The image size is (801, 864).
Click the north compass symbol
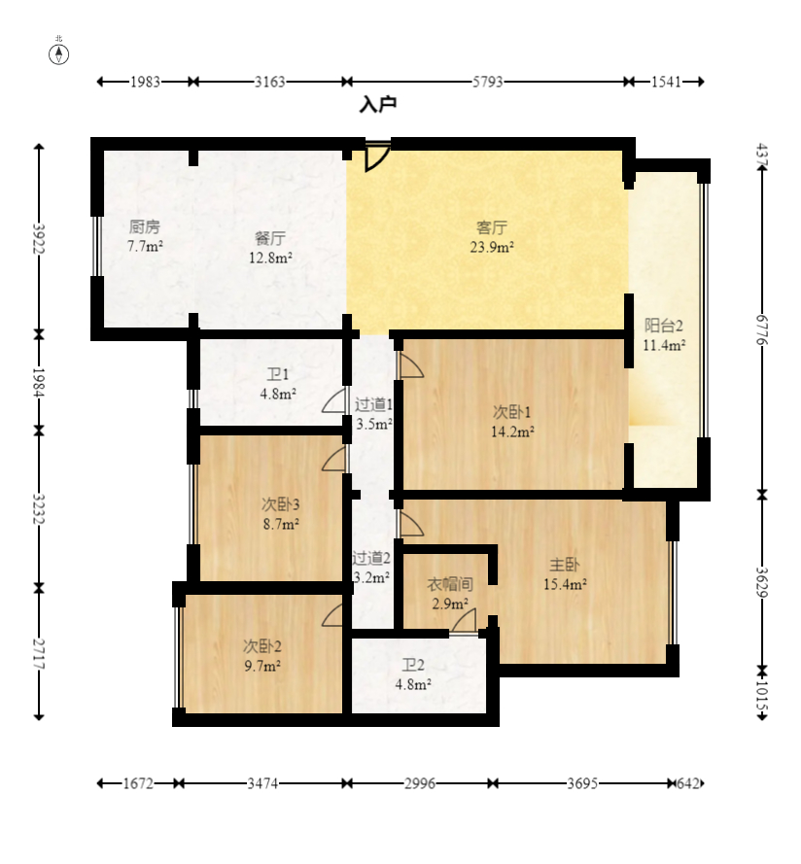[x=59, y=52]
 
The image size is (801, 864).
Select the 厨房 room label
[x=145, y=226]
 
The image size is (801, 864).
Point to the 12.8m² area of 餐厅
[x=270, y=258]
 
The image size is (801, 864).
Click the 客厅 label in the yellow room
[x=492, y=227]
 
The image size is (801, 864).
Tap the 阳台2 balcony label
[x=664, y=326]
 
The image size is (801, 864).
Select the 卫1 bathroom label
[x=278, y=374]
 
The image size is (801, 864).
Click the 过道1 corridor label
[x=372, y=404]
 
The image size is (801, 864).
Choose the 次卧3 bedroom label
[x=280, y=503]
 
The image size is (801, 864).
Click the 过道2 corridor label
[x=371, y=558]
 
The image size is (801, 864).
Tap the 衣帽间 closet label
[x=450, y=584]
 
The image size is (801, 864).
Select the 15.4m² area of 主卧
[x=565, y=584]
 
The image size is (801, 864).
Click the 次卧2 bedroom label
[x=262, y=645]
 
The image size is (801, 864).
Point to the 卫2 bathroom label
[x=413, y=665]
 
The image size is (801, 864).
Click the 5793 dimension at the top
[x=488, y=83]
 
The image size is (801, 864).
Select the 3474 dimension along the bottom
[x=264, y=783]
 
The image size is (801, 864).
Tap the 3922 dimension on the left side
[x=39, y=239]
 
